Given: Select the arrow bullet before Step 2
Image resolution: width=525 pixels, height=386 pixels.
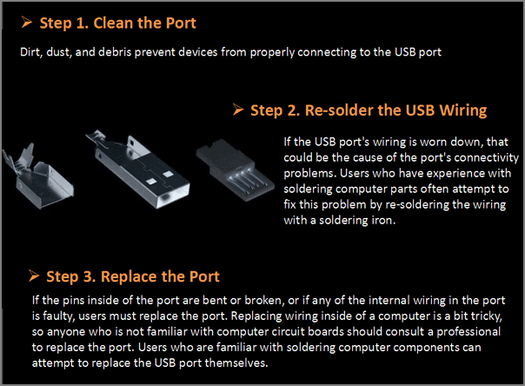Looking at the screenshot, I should coord(238,110).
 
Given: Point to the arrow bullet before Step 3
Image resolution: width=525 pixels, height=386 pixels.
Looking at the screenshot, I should coord(35,276).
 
